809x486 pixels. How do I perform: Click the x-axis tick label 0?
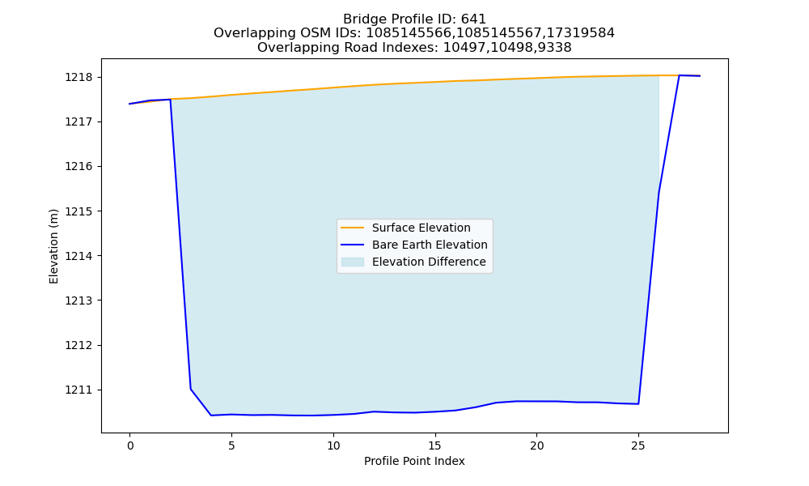(x=130, y=446)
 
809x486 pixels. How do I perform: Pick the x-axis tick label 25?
(x=638, y=446)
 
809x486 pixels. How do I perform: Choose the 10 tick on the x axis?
(x=333, y=446)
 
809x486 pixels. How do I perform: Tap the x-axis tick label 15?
(x=435, y=446)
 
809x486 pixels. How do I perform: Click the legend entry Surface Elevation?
(x=421, y=228)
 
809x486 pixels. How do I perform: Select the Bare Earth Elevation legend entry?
(x=430, y=245)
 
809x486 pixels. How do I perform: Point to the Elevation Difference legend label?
(x=429, y=262)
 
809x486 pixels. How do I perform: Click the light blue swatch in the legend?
(x=353, y=262)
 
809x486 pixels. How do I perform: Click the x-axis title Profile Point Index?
(x=414, y=461)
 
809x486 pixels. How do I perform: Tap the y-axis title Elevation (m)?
(x=53, y=246)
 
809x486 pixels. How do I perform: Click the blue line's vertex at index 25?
(x=639, y=404)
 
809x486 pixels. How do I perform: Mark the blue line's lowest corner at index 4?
(x=211, y=416)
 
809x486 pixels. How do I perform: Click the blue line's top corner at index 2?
(x=170, y=99)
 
